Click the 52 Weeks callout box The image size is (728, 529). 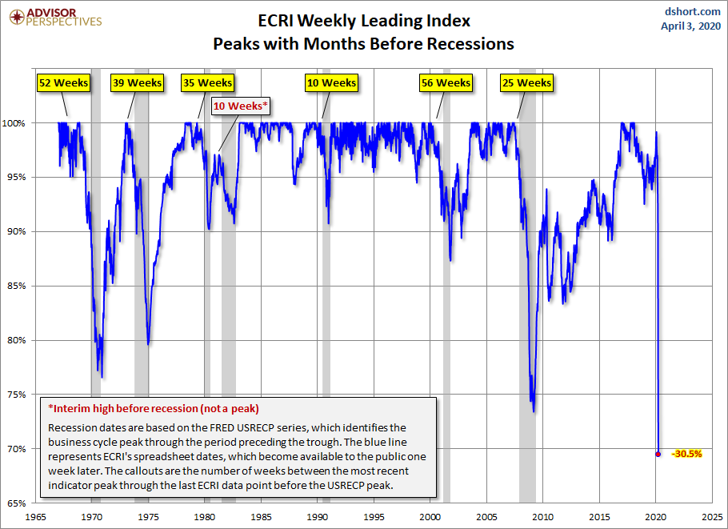[x=64, y=82]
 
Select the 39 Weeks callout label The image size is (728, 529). [x=136, y=82]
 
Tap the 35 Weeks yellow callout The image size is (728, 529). [x=207, y=82]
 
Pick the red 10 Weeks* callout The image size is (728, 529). [x=241, y=106]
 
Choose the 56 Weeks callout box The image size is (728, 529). [x=446, y=82]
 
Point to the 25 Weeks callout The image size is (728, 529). [x=526, y=82]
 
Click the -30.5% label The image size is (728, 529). [x=686, y=454]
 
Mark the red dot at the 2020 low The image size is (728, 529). [x=658, y=454]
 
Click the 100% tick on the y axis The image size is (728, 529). [x=18, y=123]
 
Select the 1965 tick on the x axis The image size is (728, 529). [x=35, y=517]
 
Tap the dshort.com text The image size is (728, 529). [x=693, y=11]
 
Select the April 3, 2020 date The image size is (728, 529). [x=692, y=26]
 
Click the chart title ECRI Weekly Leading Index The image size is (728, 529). [x=363, y=21]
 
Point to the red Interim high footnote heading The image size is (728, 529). [x=154, y=408]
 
